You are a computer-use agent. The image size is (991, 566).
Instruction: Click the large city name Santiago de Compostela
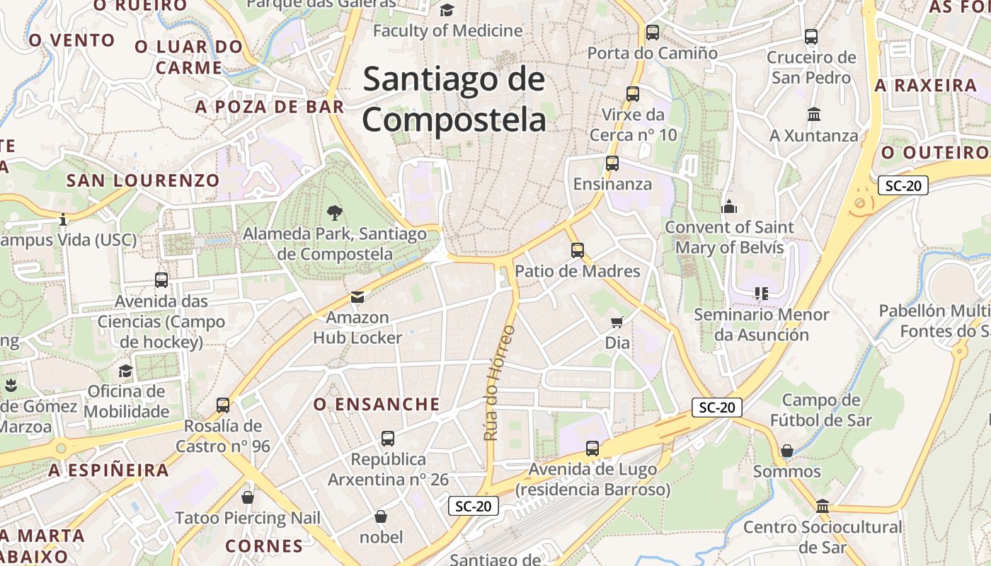454,100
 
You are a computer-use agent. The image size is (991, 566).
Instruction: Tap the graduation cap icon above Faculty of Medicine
447,10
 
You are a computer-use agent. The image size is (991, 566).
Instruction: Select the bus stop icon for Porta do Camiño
653,33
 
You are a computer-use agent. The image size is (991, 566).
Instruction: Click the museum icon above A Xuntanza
814,114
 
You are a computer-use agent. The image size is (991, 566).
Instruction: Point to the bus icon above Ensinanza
612,163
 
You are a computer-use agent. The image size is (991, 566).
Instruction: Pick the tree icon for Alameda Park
334,212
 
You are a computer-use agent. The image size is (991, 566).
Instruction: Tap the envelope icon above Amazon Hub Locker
357,297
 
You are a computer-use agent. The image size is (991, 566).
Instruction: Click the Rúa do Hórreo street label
499,383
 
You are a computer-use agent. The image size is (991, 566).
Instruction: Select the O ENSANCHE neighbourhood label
377,405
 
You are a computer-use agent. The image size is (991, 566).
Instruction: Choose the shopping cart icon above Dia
617,323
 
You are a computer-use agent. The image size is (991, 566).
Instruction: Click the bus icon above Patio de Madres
578,250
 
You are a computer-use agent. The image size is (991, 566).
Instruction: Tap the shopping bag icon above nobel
381,516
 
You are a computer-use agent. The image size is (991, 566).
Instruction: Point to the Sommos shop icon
786,451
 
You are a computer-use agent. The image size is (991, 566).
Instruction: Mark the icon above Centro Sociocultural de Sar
823,506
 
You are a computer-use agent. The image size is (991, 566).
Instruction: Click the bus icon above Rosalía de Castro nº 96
223,405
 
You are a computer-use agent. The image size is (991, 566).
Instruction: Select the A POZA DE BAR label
270,108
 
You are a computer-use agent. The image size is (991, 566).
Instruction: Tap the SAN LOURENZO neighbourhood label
143,180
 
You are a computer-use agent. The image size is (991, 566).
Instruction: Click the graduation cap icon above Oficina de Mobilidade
125,371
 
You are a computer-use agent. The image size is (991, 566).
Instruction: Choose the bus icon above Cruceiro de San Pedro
811,37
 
